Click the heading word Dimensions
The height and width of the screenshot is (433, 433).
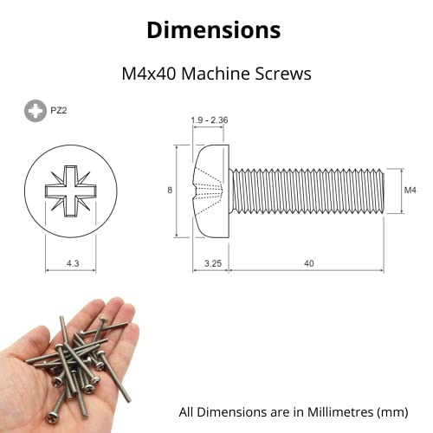coord(213,29)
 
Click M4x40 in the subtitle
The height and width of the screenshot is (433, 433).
coord(150,74)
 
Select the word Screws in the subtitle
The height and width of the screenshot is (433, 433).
coord(281,74)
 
